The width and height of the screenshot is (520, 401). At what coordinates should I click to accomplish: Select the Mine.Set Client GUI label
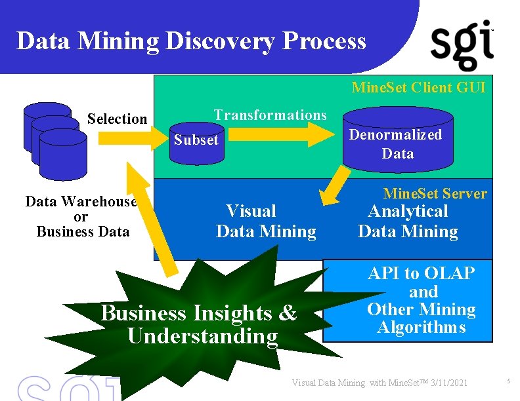point(418,87)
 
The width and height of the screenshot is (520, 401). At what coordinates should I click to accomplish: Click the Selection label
point(117,119)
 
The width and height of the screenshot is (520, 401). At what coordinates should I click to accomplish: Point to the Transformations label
point(270,115)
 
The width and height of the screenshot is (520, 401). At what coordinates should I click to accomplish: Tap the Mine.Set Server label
point(435,193)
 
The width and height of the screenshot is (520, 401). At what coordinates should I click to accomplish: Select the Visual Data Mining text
point(265,221)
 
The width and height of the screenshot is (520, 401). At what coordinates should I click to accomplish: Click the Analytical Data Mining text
point(408,221)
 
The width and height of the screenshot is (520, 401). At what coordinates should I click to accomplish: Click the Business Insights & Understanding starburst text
point(199,324)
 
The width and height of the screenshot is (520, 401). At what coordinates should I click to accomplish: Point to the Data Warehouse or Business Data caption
point(81,216)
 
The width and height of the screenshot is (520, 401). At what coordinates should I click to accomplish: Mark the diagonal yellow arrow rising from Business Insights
point(151,220)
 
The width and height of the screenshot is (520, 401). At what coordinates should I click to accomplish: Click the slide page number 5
point(508,381)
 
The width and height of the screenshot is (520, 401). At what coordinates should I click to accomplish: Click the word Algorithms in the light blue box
point(421,327)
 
